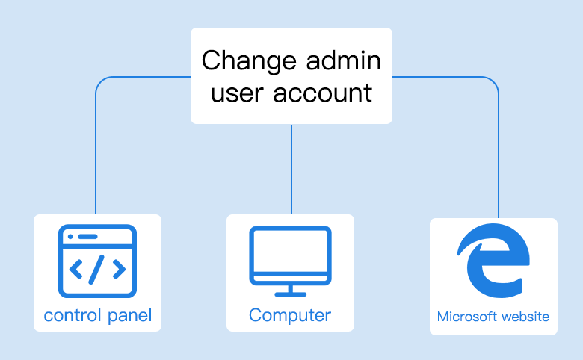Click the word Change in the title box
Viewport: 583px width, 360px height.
pyautogui.click(x=249, y=61)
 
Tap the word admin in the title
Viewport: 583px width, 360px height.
pyautogui.click(x=344, y=60)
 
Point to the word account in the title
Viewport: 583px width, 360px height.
pyautogui.click(x=323, y=93)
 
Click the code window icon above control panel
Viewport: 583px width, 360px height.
pyautogui.click(x=97, y=261)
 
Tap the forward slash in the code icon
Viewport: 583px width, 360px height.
pyautogui.click(x=96, y=270)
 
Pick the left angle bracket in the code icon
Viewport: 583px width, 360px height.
pyautogui.click(x=76, y=270)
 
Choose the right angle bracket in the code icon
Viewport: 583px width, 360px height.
pyautogui.click(x=119, y=270)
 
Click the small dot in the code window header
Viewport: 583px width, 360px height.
pyautogui.click(x=70, y=237)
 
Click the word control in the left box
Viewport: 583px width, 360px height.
pyautogui.click(x=73, y=316)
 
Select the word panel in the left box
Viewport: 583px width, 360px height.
pyautogui.click(x=130, y=317)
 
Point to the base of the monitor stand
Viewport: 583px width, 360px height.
pyautogui.click(x=291, y=294)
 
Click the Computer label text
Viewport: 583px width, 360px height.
pyautogui.click(x=290, y=316)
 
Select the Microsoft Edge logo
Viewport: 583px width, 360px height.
pyautogui.click(x=494, y=260)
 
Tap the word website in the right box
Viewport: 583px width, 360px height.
pyautogui.click(x=525, y=317)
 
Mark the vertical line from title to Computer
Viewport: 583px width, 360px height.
pyautogui.click(x=291, y=169)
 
